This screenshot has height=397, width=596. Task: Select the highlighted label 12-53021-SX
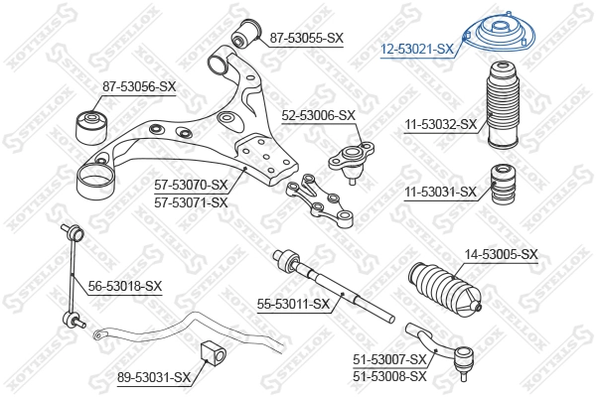pos(418,48)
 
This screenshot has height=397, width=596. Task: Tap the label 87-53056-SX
pos(139,86)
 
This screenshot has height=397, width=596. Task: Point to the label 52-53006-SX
pos(319,115)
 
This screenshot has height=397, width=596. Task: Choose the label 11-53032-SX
pos(440,125)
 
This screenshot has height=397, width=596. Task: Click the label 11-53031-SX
pos(440,192)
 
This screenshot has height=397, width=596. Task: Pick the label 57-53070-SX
pos(191,185)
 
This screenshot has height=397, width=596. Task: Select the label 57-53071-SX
pos(191,201)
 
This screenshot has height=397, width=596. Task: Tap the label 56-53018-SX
pos(125,286)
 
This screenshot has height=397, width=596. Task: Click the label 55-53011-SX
pos(293,303)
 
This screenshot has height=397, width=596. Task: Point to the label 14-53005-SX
pos(501,255)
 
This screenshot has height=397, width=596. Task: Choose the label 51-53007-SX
pos(389,358)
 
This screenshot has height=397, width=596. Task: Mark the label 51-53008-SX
pos(389,375)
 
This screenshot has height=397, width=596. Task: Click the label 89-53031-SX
pos(153,377)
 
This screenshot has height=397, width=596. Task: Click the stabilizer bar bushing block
pos(211,351)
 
